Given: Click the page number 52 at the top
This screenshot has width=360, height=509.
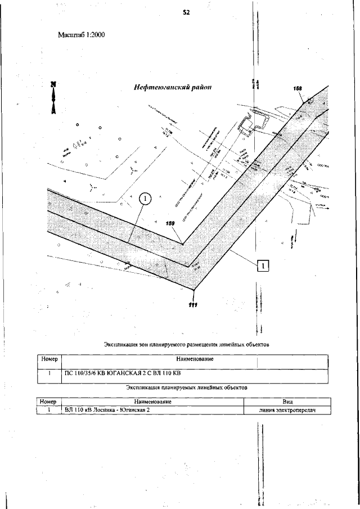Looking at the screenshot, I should tap(186, 12).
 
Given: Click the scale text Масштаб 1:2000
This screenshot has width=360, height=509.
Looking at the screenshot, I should tap(82, 34).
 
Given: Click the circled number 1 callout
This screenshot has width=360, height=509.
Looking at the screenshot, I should tap(145, 199).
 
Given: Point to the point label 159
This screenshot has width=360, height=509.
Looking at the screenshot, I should tap(172, 223).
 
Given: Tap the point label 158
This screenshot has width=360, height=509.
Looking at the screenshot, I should tap(298, 88).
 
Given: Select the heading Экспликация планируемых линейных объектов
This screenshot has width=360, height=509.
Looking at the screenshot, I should tap(187, 387).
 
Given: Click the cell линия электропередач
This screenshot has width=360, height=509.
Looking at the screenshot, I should tap(285, 411).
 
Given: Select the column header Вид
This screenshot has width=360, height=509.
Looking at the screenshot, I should tap(286, 402).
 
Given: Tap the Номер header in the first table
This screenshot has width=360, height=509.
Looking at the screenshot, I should tap(49, 359).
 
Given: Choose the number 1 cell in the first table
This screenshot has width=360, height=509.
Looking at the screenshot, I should tap(49, 373).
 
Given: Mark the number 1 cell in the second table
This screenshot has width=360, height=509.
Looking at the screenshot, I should tap(49, 411).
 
